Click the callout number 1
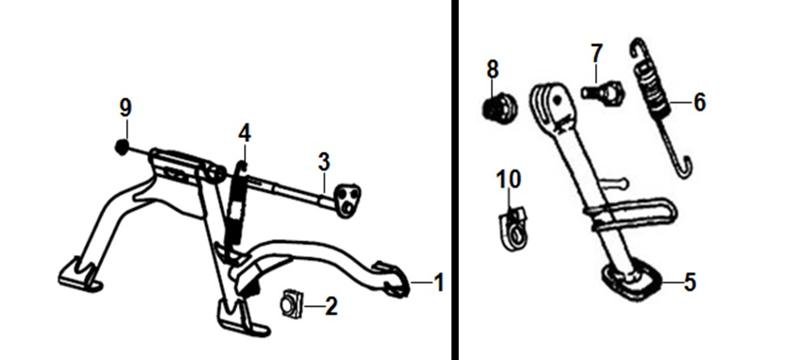coord(439,283)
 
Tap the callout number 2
coord(331,307)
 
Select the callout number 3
coord(324,162)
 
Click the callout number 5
coord(690,283)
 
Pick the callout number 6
coord(699,102)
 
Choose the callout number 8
coord(493,69)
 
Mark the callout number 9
coord(125,108)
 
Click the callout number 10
coord(509,179)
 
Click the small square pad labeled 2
coord(292,304)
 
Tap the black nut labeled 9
coord(121,147)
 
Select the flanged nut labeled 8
coord(499,107)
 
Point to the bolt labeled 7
coord(602,92)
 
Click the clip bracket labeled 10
coord(512,230)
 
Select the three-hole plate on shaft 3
coord(346,200)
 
